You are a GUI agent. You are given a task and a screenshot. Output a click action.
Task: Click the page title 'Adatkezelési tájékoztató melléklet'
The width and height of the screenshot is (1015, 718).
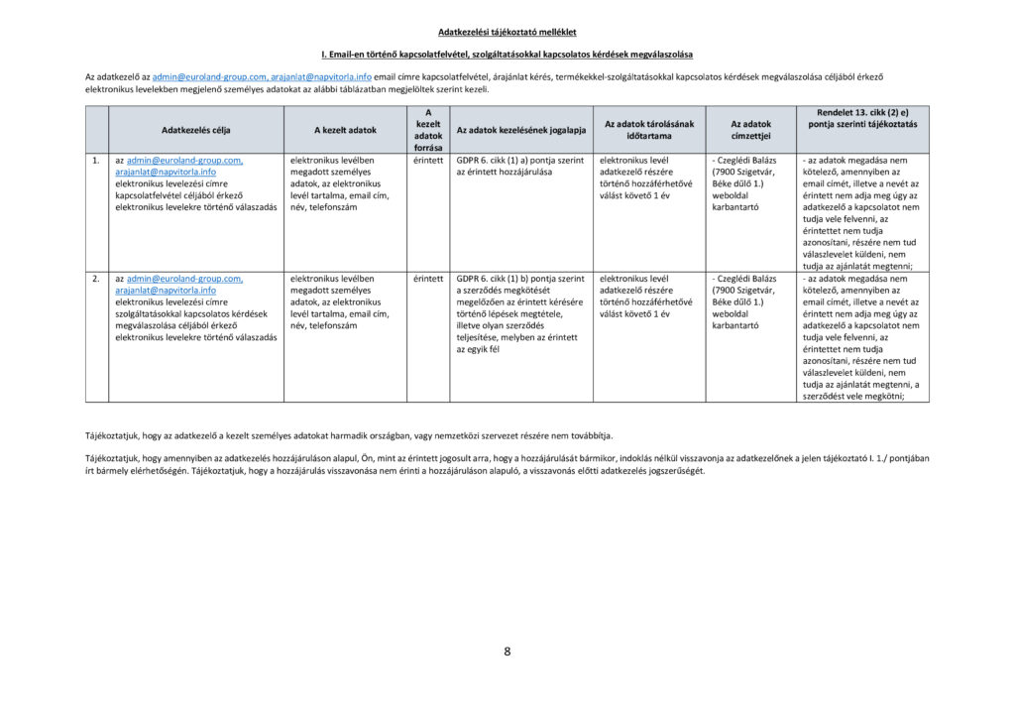point(507,33)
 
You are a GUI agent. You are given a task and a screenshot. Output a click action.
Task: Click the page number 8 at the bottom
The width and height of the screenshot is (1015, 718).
point(507,652)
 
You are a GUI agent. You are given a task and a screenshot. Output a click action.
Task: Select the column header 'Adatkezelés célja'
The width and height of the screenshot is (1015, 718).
point(195,130)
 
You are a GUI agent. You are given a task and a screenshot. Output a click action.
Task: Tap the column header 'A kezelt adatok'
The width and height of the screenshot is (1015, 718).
point(345,130)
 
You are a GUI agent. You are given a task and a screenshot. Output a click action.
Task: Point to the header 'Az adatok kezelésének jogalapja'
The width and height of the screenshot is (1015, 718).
point(520,130)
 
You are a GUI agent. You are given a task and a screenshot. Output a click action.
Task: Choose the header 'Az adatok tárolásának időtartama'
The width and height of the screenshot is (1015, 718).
point(649,129)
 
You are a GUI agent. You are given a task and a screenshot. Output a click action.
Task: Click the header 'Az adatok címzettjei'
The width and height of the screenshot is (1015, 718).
point(750,129)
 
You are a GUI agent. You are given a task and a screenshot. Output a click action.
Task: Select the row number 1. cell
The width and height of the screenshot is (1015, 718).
point(95,160)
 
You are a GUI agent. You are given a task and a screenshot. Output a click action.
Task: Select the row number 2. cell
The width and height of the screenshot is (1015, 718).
point(95,279)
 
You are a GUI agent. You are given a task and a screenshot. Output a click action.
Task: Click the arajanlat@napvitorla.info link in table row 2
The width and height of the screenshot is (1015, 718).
point(165,291)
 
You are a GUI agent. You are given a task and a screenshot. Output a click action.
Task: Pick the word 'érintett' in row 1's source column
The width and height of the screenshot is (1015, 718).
point(428,160)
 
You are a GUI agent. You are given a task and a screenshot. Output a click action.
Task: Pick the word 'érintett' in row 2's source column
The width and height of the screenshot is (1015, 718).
point(428,279)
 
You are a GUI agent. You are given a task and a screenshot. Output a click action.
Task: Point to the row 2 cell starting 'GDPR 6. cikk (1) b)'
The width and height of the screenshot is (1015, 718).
point(520,279)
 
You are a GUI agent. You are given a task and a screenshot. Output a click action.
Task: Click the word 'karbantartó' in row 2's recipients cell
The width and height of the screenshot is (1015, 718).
point(735,325)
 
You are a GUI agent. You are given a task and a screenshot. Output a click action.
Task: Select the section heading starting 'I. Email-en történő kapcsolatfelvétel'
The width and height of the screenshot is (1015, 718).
point(507,54)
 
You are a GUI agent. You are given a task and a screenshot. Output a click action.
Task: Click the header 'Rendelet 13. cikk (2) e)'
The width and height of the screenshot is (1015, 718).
point(862,112)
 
